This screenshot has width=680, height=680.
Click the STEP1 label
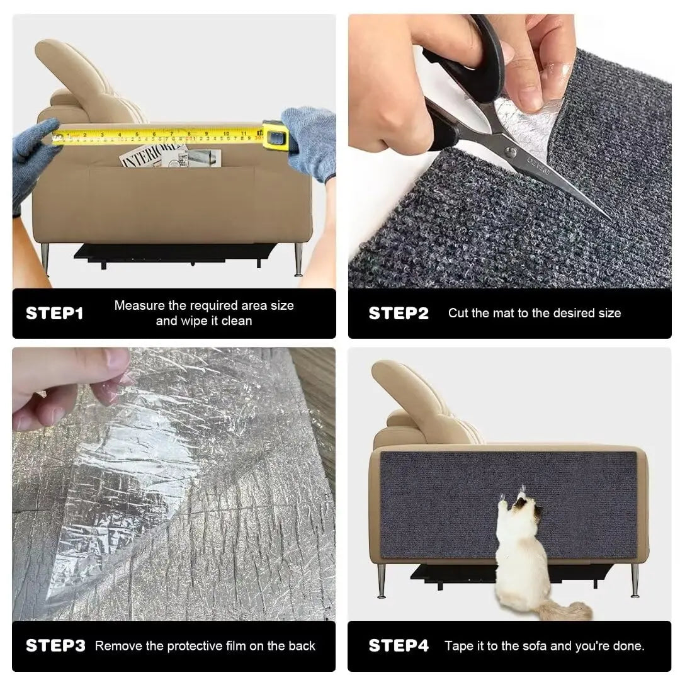[54, 313]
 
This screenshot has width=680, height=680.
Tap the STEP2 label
[398, 313]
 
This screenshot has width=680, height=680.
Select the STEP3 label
[55, 645]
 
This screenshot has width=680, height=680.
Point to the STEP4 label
[398, 645]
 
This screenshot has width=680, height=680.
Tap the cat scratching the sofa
[518, 548]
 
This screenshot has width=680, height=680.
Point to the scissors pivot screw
[510, 151]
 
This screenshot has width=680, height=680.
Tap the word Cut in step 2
[458, 313]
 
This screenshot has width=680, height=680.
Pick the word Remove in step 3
[116, 645]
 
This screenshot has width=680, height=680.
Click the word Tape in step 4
[458, 645]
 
